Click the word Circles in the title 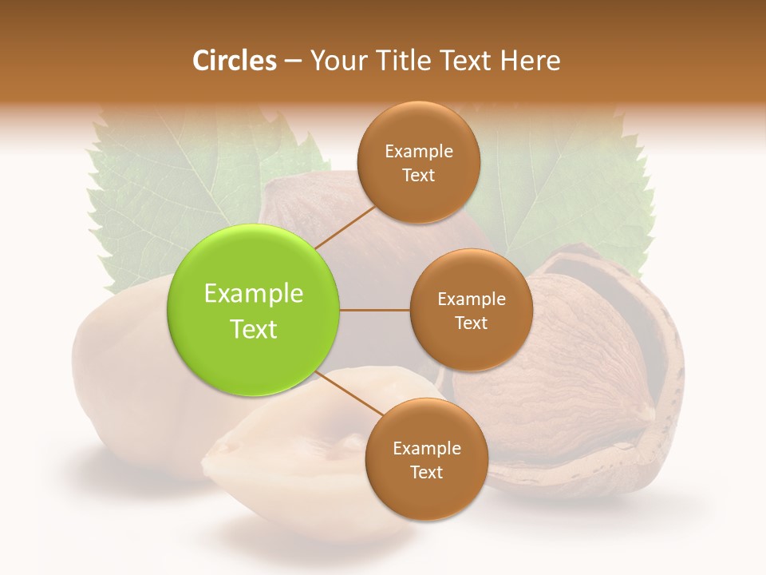(234, 61)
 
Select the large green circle (254, 310)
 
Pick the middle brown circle (471, 310)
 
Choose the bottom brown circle (426, 459)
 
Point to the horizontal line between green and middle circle (375, 310)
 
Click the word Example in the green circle (254, 294)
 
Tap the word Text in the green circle (254, 329)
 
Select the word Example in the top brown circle (419, 151)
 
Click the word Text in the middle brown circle (471, 323)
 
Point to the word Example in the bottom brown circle (427, 448)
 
